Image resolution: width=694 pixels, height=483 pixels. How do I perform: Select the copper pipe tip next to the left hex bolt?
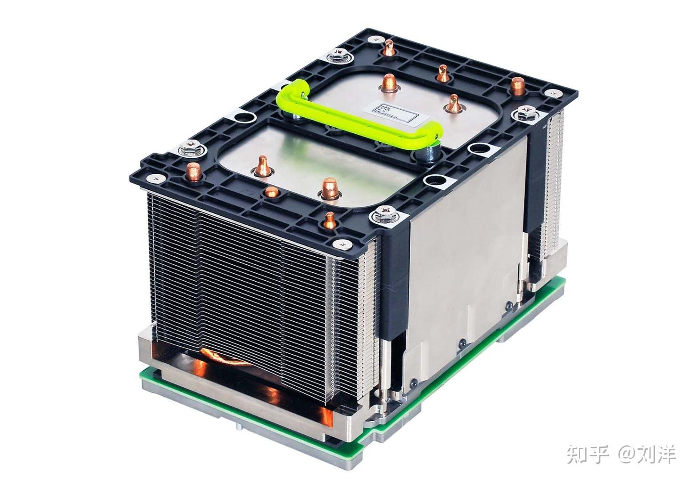click(193, 171)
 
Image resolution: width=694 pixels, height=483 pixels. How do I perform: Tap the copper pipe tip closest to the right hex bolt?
click(517, 85)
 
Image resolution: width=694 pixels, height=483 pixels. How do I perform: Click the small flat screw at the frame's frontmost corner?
click(341, 243)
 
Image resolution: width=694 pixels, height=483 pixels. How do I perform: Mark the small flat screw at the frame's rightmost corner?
click(552, 93)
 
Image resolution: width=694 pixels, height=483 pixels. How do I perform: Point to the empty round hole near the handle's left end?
click(243, 118)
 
